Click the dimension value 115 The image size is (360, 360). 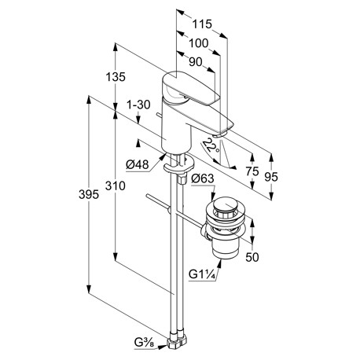pyautogui.click(x=202, y=24)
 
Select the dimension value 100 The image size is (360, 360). pyautogui.click(x=198, y=43)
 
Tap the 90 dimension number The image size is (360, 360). pyautogui.click(x=196, y=62)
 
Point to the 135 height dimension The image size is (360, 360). pyautogui.click(x=116, y=77)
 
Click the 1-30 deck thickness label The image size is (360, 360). pyautogui.click(x=138, y=105)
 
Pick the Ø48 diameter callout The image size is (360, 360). pyautogui.click(x=137, y=164)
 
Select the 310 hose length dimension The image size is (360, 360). pyautogui.click(x=116, y=186)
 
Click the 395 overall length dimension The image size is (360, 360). pyautogui.click(x=89, y=195)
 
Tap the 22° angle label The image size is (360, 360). pyautogui.click(x=211, y=145)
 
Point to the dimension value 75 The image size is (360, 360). pyautogui.click(x=252, y=171)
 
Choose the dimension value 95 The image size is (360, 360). pyautogui.click(x=271, y=177)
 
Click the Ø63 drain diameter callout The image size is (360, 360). pyautogui.click(x=203, y=178)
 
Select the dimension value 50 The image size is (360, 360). pyautogui.click(x=252, y=257)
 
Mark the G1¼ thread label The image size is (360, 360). pyautogui.click(x=202, y=275)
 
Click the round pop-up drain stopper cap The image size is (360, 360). pyautogui.click(x=225, y=205)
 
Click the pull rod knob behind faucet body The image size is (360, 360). pyautogui.click(x=158, y=115)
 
